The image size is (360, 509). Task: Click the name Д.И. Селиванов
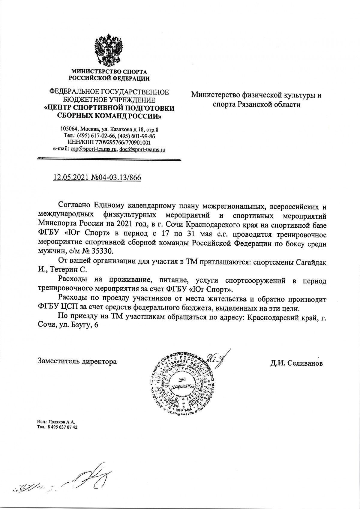296,363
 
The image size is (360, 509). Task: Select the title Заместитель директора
77,361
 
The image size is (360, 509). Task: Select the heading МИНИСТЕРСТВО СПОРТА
109,72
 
